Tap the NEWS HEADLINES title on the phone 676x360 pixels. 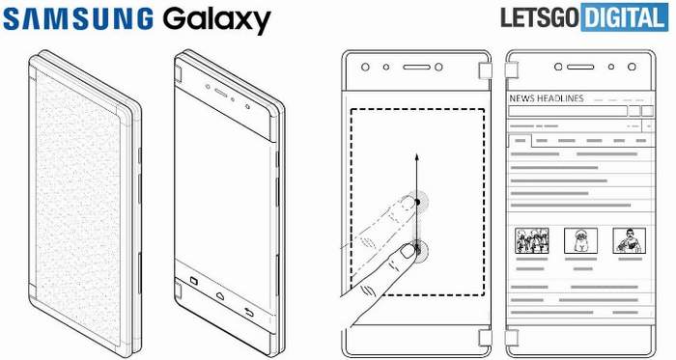(547, 99)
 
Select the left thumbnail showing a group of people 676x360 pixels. (531, 240)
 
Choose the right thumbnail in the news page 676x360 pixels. (629, 239)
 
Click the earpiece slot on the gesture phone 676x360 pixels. (416, 69)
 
